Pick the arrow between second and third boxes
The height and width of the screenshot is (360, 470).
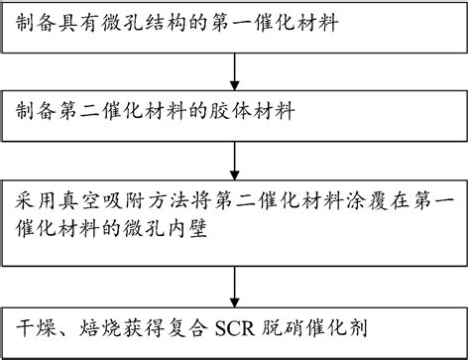(233, 153)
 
